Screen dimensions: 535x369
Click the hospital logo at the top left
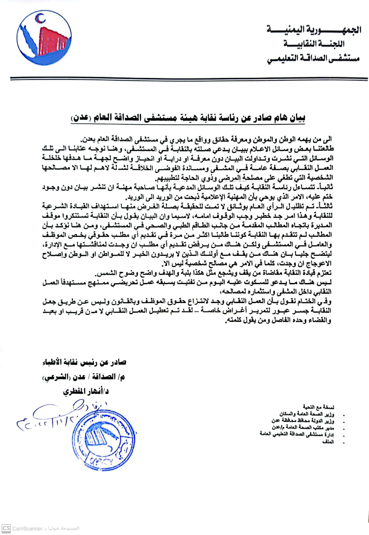[x=44, y=38]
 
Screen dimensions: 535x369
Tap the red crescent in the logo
[x=41, y=18]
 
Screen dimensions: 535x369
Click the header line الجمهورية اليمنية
[x=314, y=29]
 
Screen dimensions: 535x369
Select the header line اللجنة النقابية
[x=314, y=43]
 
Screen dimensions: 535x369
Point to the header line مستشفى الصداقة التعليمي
[x=313, y=58]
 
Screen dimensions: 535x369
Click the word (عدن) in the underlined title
[x=81, y=118]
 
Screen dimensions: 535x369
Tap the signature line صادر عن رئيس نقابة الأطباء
[x=84, y=362]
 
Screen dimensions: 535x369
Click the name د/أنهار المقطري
[x=86, y=392]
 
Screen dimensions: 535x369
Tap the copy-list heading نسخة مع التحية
[x=318, y=407]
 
